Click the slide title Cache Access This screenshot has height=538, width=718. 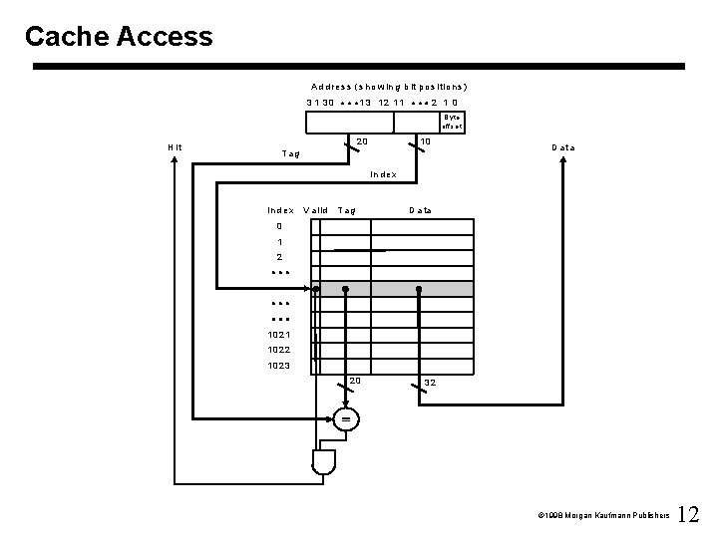[x=119, y=37]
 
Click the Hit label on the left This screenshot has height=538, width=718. [x=176, y=147]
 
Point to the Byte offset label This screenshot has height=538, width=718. [x=452, y=121]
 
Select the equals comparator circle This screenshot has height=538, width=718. [x=345, y=419]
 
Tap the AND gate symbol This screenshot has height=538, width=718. [x=322, y=460]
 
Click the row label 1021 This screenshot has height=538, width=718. [x=278, y=334]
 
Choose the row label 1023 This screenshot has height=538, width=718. [x=278, y=366]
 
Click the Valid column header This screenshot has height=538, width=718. [x=315, y=210]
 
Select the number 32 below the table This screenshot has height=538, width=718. [x=430, y=383]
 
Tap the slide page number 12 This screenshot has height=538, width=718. [x=689, y=515]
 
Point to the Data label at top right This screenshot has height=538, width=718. [x=563, y=147]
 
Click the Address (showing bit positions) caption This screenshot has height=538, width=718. [x=389, y=87]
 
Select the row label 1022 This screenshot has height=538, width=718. [x=278, y=350]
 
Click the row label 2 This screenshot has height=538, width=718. [x=278, y=257]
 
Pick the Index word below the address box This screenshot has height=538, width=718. [x=383, y=174]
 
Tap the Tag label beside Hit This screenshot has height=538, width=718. [x=291, y=154]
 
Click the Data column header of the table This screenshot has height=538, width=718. [x=420, y=210]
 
